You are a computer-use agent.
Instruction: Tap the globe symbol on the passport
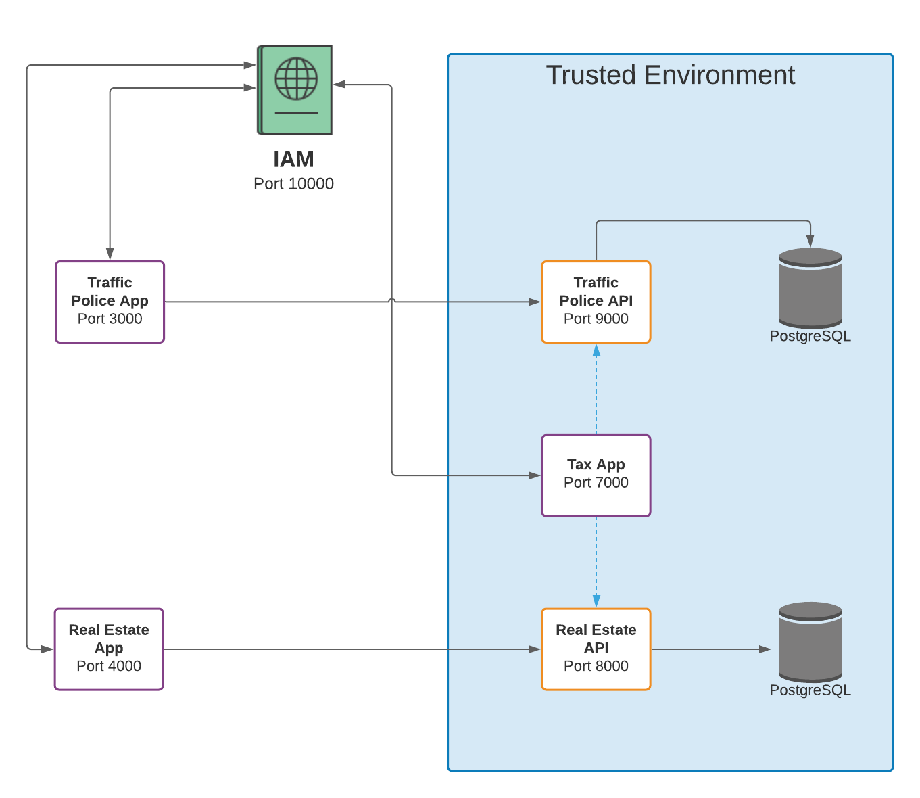point(296,79)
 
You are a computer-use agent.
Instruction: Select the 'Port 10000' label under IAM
point(293,184)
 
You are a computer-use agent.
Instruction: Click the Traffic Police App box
point(110,302)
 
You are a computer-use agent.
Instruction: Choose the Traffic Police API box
point(596,302)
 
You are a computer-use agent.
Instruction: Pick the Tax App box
point(596,475)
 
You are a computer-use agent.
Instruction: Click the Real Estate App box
point(109,649)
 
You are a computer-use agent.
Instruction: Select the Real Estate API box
point(596,649)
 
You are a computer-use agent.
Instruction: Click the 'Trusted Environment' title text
point(670,75)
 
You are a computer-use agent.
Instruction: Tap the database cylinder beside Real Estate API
point(810,642)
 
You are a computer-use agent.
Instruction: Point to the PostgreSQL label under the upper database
point(810,336)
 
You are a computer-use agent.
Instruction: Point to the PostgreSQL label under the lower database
point(810,690)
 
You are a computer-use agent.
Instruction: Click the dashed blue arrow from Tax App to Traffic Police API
point(596,389)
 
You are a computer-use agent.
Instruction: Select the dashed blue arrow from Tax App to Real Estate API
point(596,562)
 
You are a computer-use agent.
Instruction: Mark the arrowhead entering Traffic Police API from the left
point(535,302)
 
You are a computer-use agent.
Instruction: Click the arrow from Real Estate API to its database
point(710,649)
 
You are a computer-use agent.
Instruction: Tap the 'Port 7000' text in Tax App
point(596,483)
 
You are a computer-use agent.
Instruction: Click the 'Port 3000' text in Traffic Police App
point(110,319)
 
